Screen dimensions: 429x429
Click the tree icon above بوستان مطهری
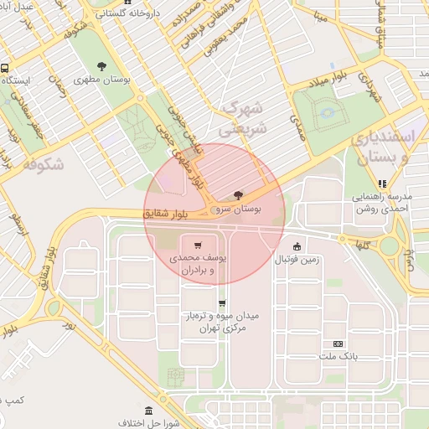pos(101,66)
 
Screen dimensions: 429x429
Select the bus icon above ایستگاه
pos(6,68)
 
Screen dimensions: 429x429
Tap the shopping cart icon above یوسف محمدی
pos(197,245)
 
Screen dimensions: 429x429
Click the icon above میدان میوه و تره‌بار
pos(222,303)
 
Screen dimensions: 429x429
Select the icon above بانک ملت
pos(339,344)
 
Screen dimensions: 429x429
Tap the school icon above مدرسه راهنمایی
pos(383,183)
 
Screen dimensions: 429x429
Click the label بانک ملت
pos(339,356)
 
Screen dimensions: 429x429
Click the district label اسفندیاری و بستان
pos(390,146)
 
